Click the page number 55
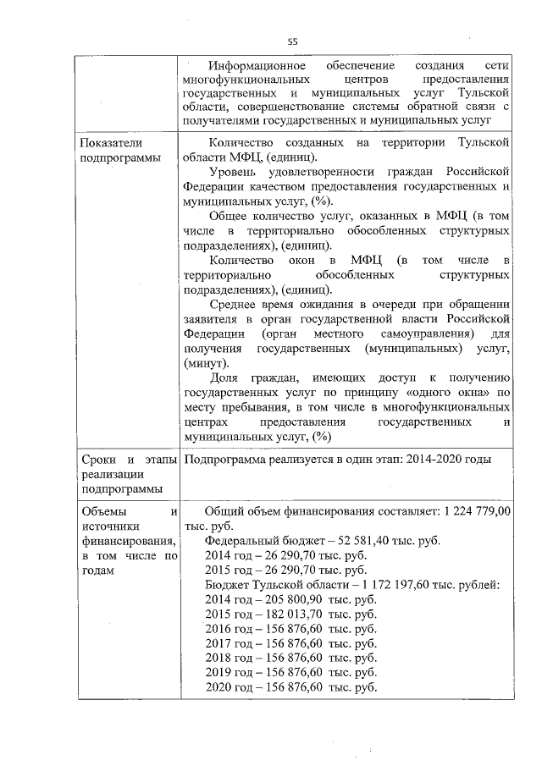click(x=292, y=41)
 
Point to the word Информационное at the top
click(x=253, y=65)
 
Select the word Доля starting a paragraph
click(x=223, y=377)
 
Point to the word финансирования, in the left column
click(x=119, y=542)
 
